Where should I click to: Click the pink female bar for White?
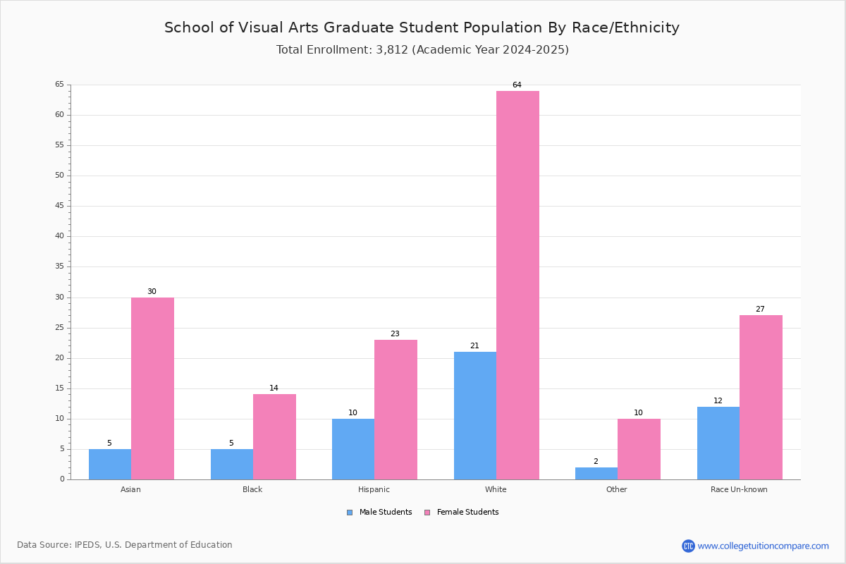point(517,285)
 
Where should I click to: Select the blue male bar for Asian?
point(110,464)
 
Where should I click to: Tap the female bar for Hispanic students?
point(396,410)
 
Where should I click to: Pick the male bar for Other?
point(596,473)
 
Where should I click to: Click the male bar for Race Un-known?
point(718,443)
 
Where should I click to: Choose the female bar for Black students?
point(274,436)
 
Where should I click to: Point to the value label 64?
point(517,85)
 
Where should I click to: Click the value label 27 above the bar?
point(760,309)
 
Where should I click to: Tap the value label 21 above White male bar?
point(474,346)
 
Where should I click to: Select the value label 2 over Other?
point(596,462)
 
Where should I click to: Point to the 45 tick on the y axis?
point(59,206)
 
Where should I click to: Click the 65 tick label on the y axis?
point(59,85)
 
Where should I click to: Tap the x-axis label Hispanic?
point(374,489)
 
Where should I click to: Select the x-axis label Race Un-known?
point(739,489)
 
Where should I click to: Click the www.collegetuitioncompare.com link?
point(763,546)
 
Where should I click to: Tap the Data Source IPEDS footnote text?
point(125,545)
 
